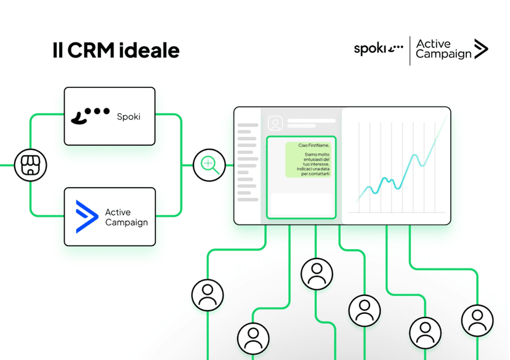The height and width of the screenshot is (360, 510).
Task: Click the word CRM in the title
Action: pyautogui.click(x=91, y=50)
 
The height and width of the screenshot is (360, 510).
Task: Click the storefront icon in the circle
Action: pyautogui.click(x=31, y=165)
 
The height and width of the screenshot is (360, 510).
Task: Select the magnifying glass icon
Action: pyautogui.click(x=209, y=165)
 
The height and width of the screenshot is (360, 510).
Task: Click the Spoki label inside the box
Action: pyautogui.click(x=129, y=117)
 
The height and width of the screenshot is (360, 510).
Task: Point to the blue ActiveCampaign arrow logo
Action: pyautogui.click(x=86, y=217)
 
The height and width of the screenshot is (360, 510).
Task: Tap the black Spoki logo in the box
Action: pyautogui.click(x=90, y=116)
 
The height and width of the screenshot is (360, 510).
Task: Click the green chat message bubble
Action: pyautogui.click(x=309, y=159)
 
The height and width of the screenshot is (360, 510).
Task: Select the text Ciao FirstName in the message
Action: pyautogui.click(x=314, y=145)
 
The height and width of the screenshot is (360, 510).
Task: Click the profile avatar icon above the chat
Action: pyautogui.click(x=275, y=123)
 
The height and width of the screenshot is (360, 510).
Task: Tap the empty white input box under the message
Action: pyautogui.click(x=301, y=204)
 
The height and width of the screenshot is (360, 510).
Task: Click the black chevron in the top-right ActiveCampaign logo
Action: pyautogui.click(x=481, y=49)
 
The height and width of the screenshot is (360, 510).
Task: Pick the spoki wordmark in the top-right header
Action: pyautogui.click(x=379, y=49)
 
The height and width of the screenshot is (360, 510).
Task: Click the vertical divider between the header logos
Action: pyautogui.click(x=410, y=50)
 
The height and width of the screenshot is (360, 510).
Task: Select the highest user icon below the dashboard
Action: pyautogui.click(x=317, y=274)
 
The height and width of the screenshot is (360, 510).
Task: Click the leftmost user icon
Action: pyautogui.click(x=208, y=295)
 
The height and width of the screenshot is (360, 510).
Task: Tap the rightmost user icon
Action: pyautogui.click(x=477, y=321)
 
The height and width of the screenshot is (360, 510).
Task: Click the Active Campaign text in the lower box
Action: pyautogui.click(x=126, y=217)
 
